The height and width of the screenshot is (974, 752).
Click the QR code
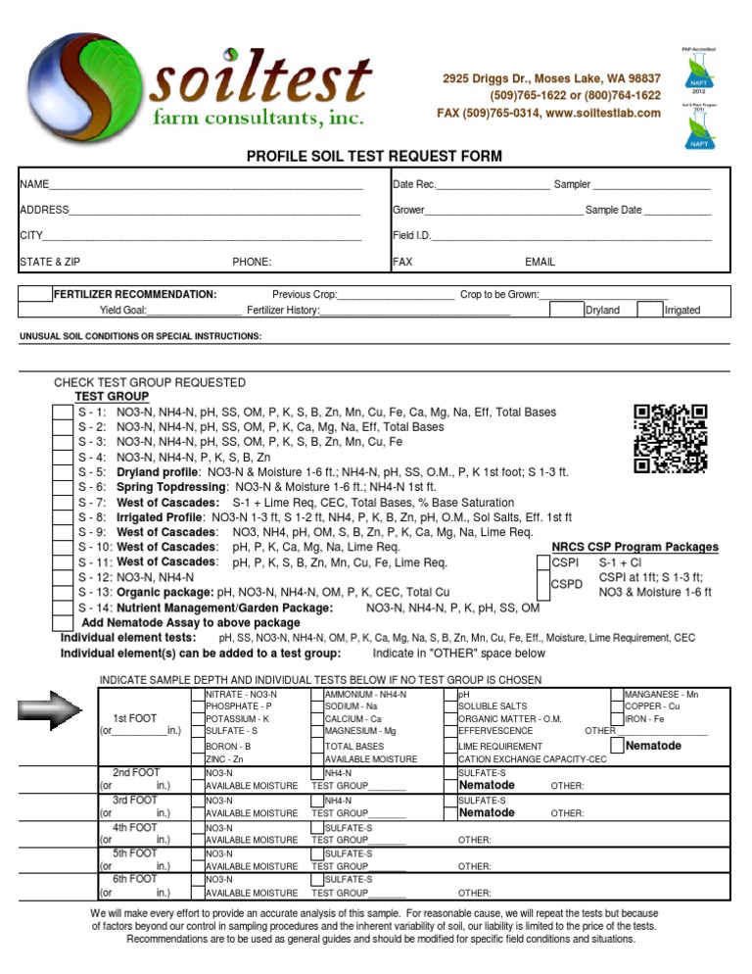pos(671,437)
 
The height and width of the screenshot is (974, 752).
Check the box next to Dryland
pos(566,309)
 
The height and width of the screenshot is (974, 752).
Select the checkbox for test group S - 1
pos(62,413)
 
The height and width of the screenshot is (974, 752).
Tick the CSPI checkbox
pos(543,562)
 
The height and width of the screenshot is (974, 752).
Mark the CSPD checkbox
pos(543,584)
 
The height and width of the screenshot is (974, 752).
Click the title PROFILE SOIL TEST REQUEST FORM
pos(373,156)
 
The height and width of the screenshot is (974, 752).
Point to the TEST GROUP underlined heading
pos(113,397)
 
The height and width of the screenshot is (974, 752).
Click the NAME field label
pos(34,184)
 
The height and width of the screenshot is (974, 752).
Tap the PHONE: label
pos(252,262)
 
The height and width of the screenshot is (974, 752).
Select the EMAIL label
pos(540,262)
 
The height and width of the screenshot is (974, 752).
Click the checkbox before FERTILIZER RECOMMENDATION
pos(35,294)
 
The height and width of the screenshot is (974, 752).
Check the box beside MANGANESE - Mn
pos(617,695)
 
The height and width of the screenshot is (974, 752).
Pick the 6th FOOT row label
pos(134,879)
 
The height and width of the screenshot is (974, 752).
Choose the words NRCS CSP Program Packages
pos(634,547)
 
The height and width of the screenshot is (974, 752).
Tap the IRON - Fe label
pos(645,718)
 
